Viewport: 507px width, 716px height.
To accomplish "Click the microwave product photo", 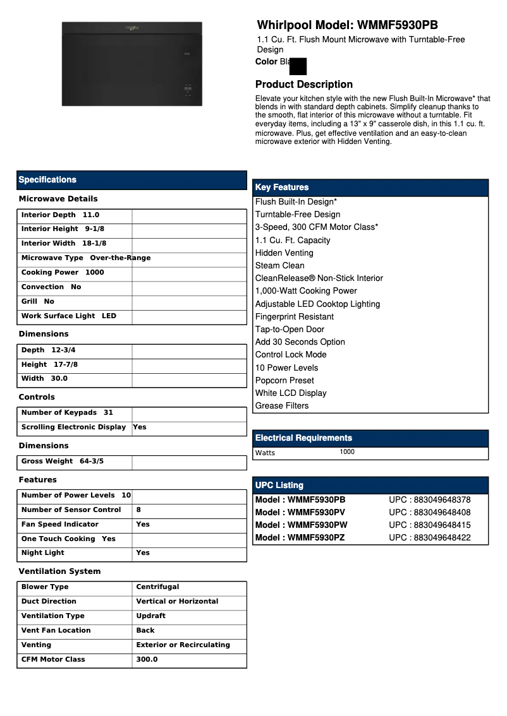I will pos(131,64).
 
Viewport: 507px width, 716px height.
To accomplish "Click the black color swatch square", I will pos(297,66).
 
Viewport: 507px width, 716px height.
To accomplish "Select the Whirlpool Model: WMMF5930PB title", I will pos(347,25).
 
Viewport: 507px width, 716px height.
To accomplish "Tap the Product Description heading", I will pos(303,85).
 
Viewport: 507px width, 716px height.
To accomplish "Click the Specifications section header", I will pos(47,180).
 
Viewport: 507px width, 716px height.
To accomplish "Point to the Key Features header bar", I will pos(370,188).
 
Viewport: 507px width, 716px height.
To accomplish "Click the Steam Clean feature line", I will pos(279,266).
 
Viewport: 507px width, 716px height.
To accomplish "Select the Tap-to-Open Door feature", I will pos(290,330).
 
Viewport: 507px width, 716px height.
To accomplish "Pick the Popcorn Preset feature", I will pos(284,381).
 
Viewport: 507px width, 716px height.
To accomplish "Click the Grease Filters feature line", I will pos(282,406).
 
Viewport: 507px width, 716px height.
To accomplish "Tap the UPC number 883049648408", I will pos(430,513).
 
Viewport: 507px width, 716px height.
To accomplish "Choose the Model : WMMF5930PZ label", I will pos(300,538).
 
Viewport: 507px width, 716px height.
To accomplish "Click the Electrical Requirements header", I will pos(303,438).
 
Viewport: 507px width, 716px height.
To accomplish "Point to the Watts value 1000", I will pos(347,452).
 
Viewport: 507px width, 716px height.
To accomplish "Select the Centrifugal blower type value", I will pos(157,587).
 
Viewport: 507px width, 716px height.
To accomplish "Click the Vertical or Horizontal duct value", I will pos(177,602).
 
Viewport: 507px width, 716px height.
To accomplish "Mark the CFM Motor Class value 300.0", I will pos(147,660).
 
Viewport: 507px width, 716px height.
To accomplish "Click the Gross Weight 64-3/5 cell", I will pos(63,462).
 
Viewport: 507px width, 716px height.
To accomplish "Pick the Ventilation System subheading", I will pos(59,571).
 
